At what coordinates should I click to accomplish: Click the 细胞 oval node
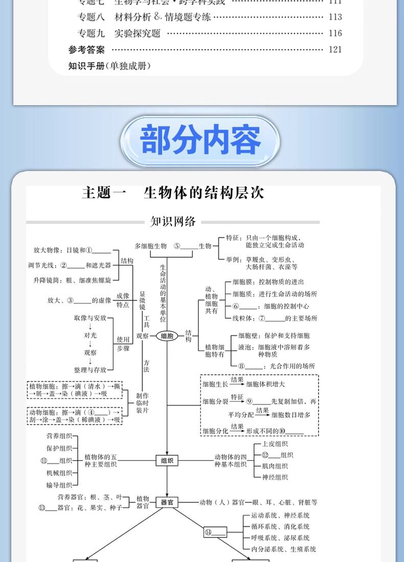[x=167, y=336]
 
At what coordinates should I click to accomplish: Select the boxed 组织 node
[x=167, y=460]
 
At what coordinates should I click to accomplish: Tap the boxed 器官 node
[x=167, y=502]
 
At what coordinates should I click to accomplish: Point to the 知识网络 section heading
[x=173, y=222]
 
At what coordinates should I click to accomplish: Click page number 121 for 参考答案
[x=335, y=50]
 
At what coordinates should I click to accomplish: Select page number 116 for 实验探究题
[x=335, y=33]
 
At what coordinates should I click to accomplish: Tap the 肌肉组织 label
[x=275, y=466]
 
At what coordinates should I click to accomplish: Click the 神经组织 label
[x=275, y=477]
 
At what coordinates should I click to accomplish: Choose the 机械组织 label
[x=59, y=473]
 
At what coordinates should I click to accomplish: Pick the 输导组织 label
[x=59, y=485]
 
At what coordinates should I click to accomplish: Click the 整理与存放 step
[x=90, y=370]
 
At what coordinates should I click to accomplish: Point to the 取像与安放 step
[x=90, y=317]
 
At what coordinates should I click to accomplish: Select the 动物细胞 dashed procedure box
[x=75, y=416]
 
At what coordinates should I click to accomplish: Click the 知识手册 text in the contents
[x=109, y=66]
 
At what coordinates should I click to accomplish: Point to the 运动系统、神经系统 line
[x=280, y=516]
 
